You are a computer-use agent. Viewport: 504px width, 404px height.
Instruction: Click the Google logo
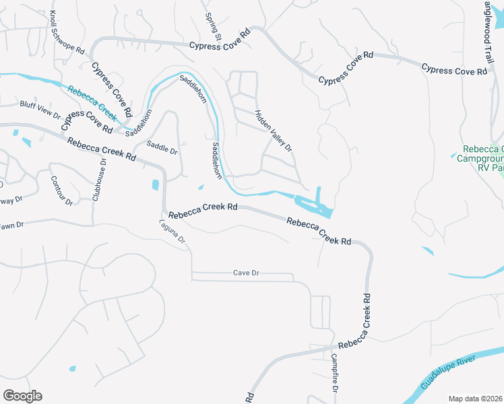[22, 396]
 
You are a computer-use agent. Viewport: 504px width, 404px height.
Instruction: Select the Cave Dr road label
[246, 273]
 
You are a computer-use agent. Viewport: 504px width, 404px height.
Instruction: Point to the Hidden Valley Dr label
[273, 130]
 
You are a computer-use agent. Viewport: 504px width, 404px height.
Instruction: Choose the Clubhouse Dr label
[100, 180]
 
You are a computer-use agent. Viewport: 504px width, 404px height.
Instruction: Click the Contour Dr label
[61, 191]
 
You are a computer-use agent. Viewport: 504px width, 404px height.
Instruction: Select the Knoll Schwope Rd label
[66, 32]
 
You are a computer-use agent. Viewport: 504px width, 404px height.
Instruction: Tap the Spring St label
[214, 26]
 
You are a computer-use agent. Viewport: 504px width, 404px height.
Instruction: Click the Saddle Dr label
[162, 148]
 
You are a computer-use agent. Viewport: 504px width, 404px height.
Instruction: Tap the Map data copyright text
[476, 399]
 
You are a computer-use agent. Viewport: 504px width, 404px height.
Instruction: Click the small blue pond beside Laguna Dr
[156, 184]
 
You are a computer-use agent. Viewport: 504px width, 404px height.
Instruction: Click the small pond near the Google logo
[72, 368]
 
